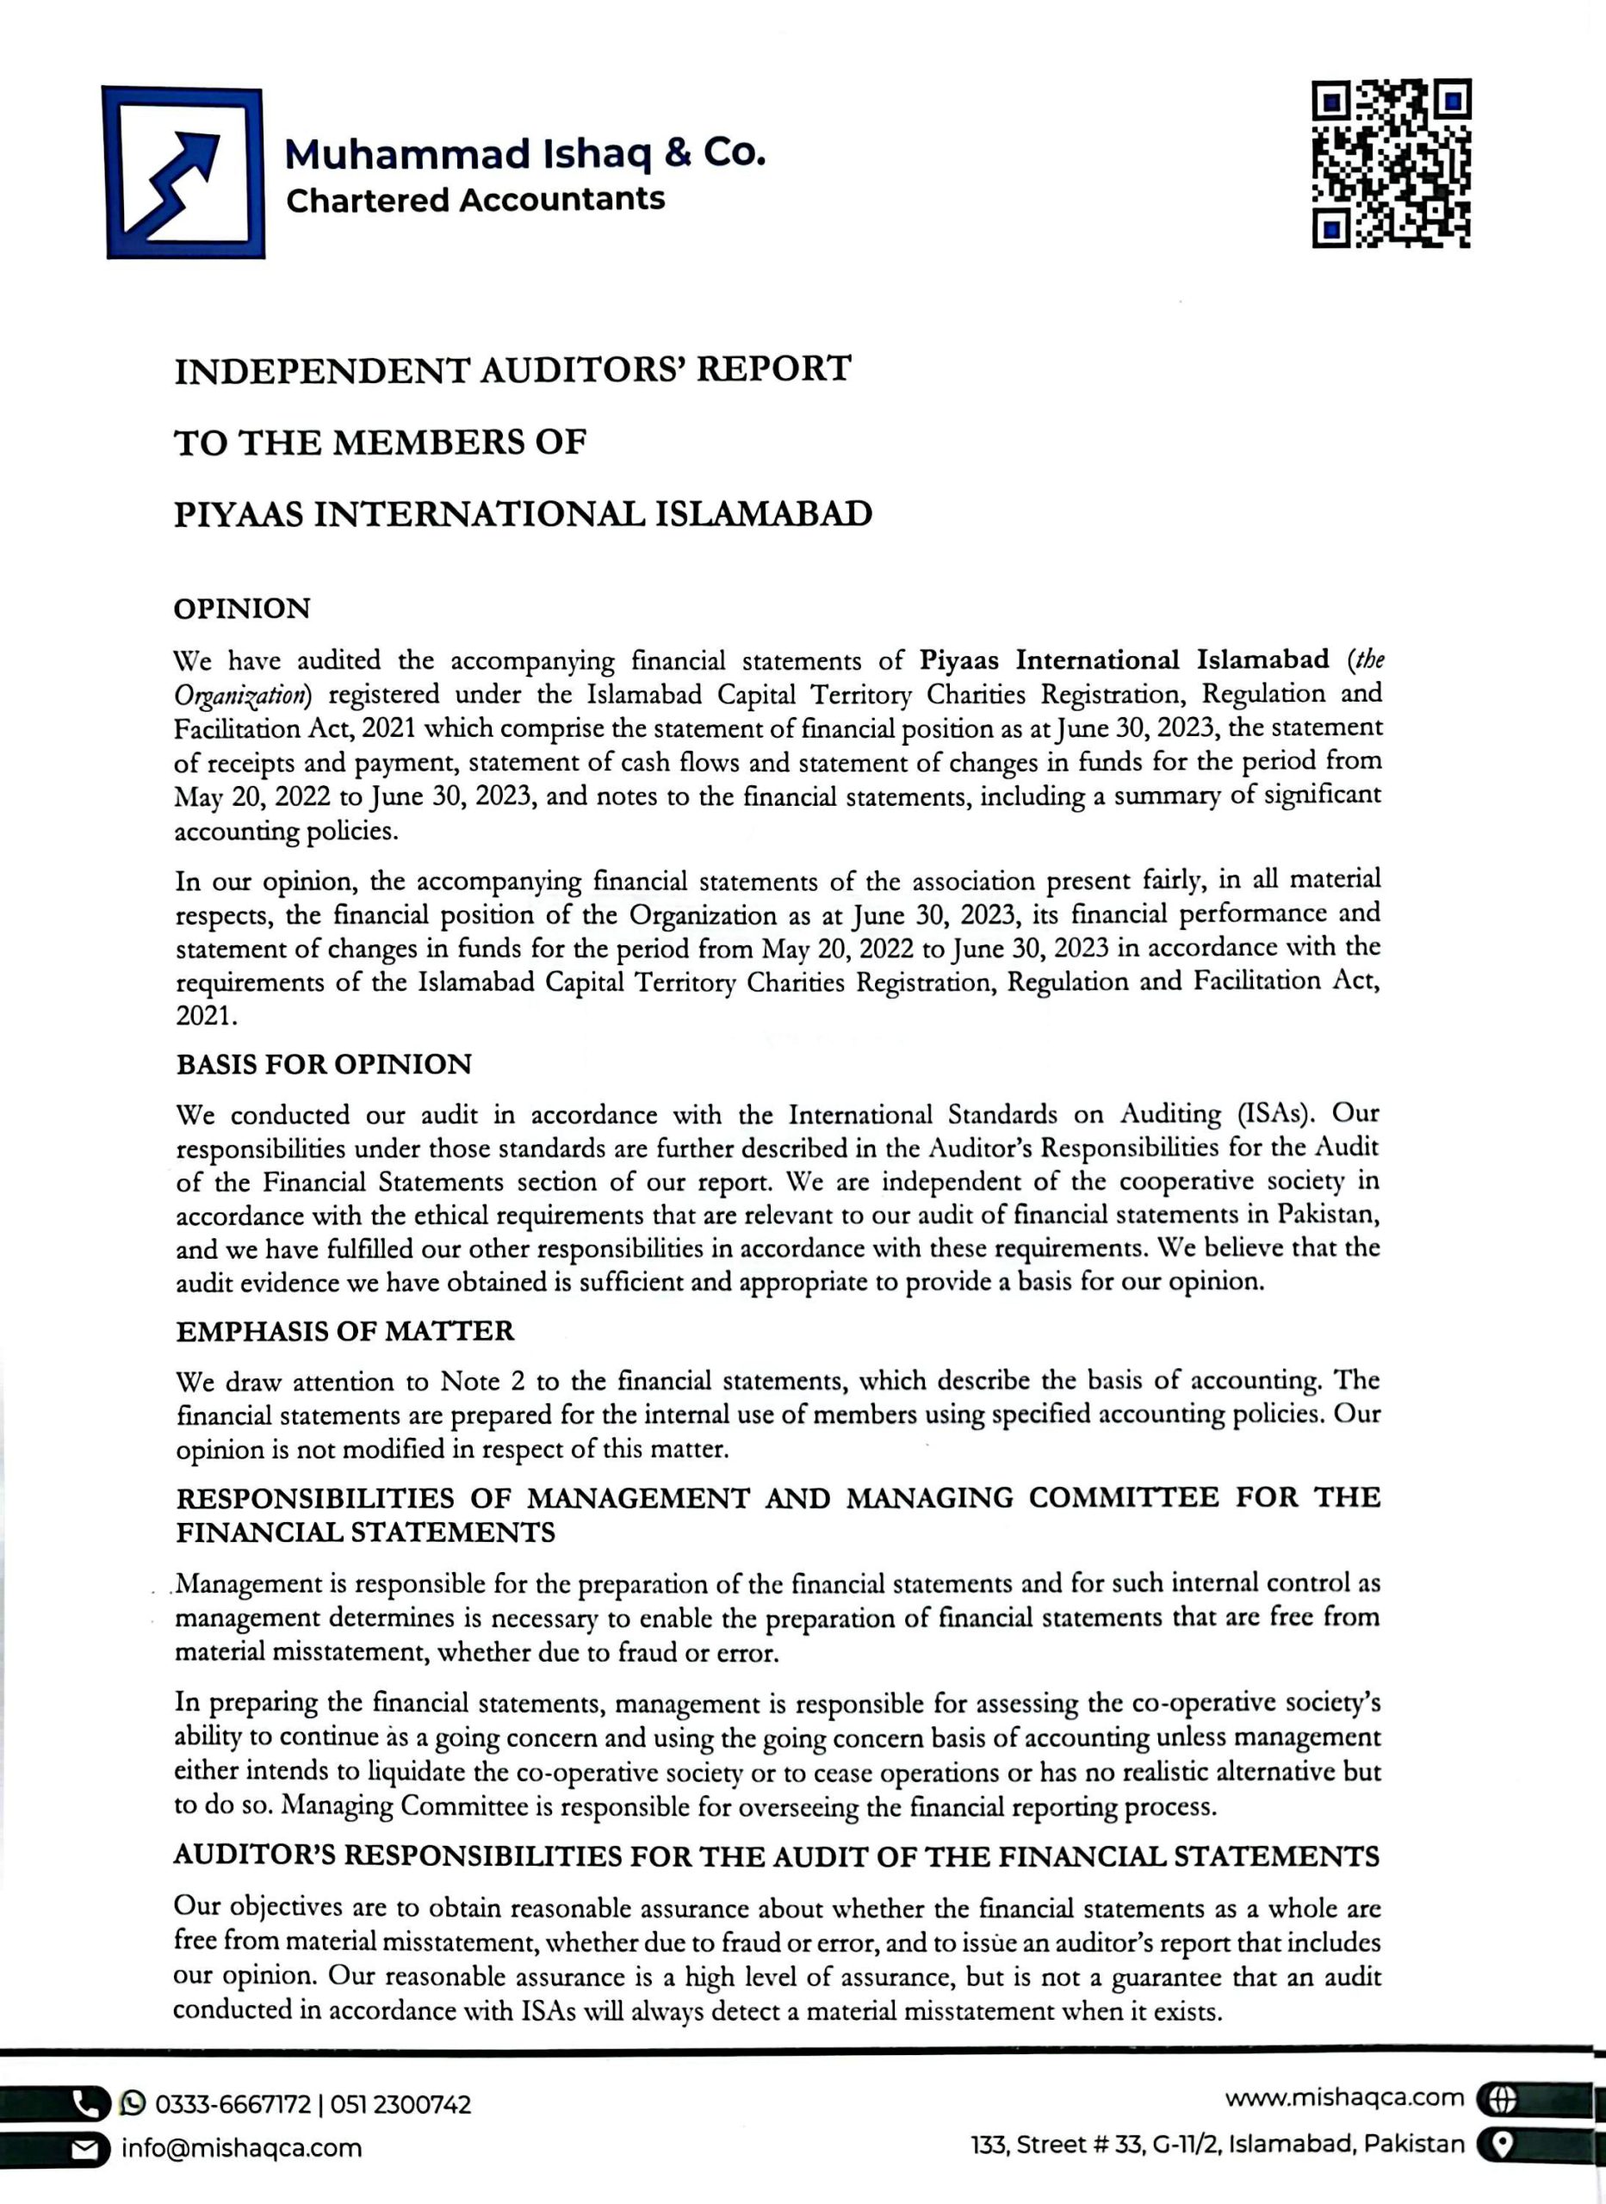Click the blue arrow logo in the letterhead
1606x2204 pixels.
[x=184, y=173]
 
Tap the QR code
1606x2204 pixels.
[x=1392, y=164]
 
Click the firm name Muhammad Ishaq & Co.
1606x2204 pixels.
[x=525, y=153]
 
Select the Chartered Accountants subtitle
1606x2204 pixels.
[x=475, y=201]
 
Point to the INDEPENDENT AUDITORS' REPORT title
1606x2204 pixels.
[x=512, y=370]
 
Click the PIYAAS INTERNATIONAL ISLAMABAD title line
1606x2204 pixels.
[x=523, y=514]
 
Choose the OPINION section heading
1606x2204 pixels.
[x=242, y=610]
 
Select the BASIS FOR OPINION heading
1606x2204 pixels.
[x=324, y=1065]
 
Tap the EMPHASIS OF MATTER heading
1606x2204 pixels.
[x=345, y=1331]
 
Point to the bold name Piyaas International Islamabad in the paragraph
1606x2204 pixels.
[x=1124, y=661]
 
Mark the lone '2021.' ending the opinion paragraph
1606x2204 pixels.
[x=206, y=1017]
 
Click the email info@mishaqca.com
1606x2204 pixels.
[x=241, y=2149]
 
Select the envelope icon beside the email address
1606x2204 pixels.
[x=88, y=2150]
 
